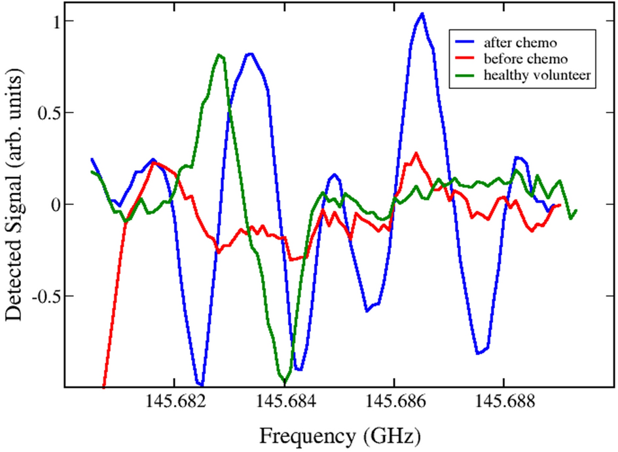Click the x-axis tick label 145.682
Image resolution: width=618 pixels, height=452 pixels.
pyautogui.click(x=173, y=405)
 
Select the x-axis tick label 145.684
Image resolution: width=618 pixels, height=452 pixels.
pyautogui.click(x=284, y=405)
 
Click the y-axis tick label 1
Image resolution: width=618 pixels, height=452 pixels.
pyautogui.click(x=56, y=21)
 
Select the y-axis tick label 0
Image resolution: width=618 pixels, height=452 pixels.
pyautogui.click(x=56, y=204)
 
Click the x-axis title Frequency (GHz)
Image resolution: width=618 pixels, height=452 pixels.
pyautogui.click(x=339, y=434)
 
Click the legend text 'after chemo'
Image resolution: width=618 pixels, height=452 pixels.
pyautogui.click(x=520, y=44)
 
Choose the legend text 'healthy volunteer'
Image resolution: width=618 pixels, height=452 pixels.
pyautogui.click(x=537, y=75)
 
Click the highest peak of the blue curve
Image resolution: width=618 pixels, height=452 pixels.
pyautogui.click(x=422, y=14)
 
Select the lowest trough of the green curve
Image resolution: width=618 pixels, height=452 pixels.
pyautogui.click(x=285, y=381)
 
